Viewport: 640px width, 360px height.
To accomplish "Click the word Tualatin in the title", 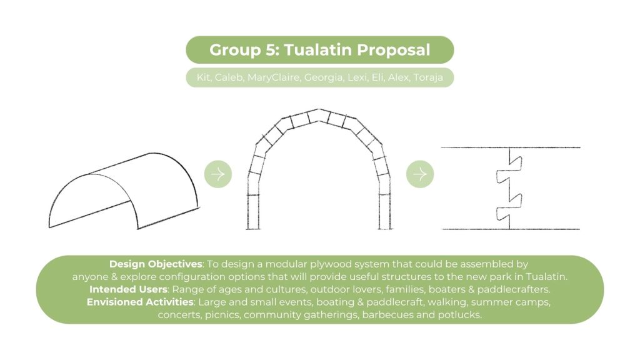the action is coord(317,50).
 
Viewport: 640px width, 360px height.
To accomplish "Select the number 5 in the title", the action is coord(271,50).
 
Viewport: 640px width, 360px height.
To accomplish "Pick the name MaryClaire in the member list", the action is coord(273,77).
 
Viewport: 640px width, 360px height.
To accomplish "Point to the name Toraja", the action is coord(428,77).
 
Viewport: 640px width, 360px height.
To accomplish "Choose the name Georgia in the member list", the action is coord(323,77).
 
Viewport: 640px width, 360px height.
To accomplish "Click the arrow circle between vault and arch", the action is coord(218,174).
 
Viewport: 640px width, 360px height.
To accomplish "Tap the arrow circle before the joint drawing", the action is coord(419,174).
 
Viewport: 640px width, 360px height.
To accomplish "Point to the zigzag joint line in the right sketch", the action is coord(509,187).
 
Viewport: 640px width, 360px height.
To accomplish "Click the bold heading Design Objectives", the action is coord(156,264).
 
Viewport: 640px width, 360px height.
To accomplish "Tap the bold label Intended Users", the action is coord(128,289).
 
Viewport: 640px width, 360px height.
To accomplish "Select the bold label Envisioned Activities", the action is coord(140,302).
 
